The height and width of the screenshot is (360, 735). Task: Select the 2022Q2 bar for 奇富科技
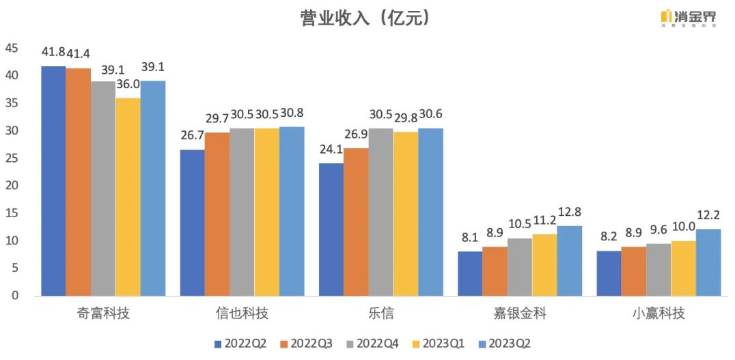pyautogui.click(x=53, y=181)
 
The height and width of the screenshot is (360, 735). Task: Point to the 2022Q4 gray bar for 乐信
pyautogui.click(x=381, y=212)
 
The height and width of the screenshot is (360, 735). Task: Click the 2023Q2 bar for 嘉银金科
pyautogui.click(x=569, y=260)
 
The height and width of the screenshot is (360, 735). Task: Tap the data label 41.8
pyautogui.click(x=53, y=52)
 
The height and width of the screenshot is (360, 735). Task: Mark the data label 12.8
pyautogui.click(x=569, y=212)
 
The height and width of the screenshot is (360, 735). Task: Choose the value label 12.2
pyautogui.click(x=708, y=215)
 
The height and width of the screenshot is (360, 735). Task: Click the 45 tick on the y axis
pyautogui.click(x=12, y=48)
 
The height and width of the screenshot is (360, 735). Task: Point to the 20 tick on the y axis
pyautogui.click(x=12, y=186)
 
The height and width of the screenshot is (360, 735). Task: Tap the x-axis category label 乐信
pyautogui.click(x=380, y=314)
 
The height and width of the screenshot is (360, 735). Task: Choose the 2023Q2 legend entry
pyautogui.click(x=509, y=344)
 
